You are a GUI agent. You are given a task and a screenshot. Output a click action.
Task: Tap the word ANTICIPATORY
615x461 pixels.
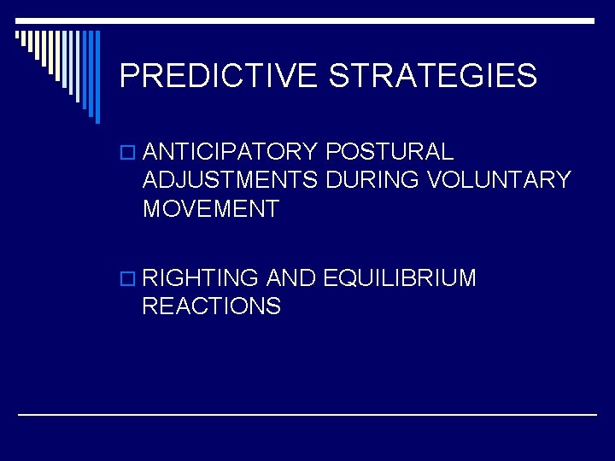231,152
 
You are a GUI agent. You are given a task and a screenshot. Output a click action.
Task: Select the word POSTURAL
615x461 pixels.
389,152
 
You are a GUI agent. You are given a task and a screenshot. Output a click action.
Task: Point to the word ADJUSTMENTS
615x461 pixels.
230,180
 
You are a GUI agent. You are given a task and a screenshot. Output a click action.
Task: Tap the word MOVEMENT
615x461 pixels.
211,208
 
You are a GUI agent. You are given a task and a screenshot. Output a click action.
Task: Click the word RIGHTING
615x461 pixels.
201,277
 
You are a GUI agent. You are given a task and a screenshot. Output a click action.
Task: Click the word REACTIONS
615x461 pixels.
212,306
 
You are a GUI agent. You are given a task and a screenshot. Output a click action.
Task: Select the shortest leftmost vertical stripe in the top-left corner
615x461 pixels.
17,36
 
